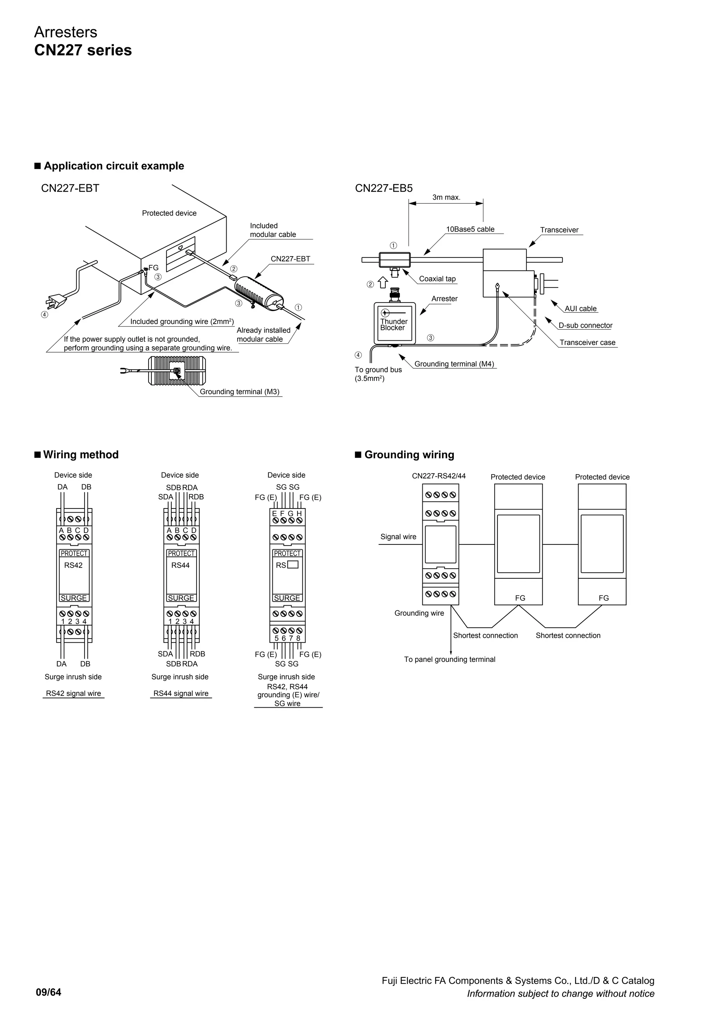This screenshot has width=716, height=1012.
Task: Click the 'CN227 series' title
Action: click(83, 50)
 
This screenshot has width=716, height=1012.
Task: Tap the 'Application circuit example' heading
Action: click(114, 166)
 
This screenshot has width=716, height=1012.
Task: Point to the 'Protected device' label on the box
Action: click(169, 213)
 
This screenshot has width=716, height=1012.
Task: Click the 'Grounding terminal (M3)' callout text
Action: click(239, 392)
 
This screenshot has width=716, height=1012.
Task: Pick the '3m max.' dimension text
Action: click(446, 197)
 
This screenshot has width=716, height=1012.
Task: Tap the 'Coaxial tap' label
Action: click(437, 279)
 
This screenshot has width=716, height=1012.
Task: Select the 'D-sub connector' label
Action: click(585, 326)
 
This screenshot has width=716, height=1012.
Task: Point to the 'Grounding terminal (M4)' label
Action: click(454, 364)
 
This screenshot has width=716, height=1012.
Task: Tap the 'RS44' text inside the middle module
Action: click(180, 565)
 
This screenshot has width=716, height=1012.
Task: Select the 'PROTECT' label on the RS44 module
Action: click(181, 554)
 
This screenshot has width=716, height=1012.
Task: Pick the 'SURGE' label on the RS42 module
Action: click(74, 598)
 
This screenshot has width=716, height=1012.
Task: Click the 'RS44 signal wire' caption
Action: click(181, 693)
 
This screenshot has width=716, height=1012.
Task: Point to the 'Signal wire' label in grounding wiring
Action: click(398, 537)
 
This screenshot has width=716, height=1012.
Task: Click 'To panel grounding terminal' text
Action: click(449, 659)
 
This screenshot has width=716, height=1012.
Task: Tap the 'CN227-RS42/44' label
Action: click(439, 476)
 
